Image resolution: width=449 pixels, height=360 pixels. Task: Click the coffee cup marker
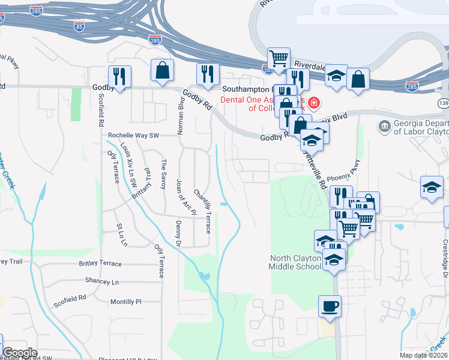tap(330, 306)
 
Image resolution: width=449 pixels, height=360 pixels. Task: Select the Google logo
tap(20, 352)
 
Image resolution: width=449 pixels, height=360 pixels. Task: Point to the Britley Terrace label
tap(100, 264)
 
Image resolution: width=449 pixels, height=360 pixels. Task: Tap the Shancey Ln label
tap(102, 282)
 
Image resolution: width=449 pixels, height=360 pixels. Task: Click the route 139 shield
tap(443, 104)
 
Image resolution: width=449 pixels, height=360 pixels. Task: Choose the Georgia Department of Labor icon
tap(385, 127)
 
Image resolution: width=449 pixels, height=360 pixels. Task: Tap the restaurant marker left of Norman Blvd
tap(119, 76)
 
